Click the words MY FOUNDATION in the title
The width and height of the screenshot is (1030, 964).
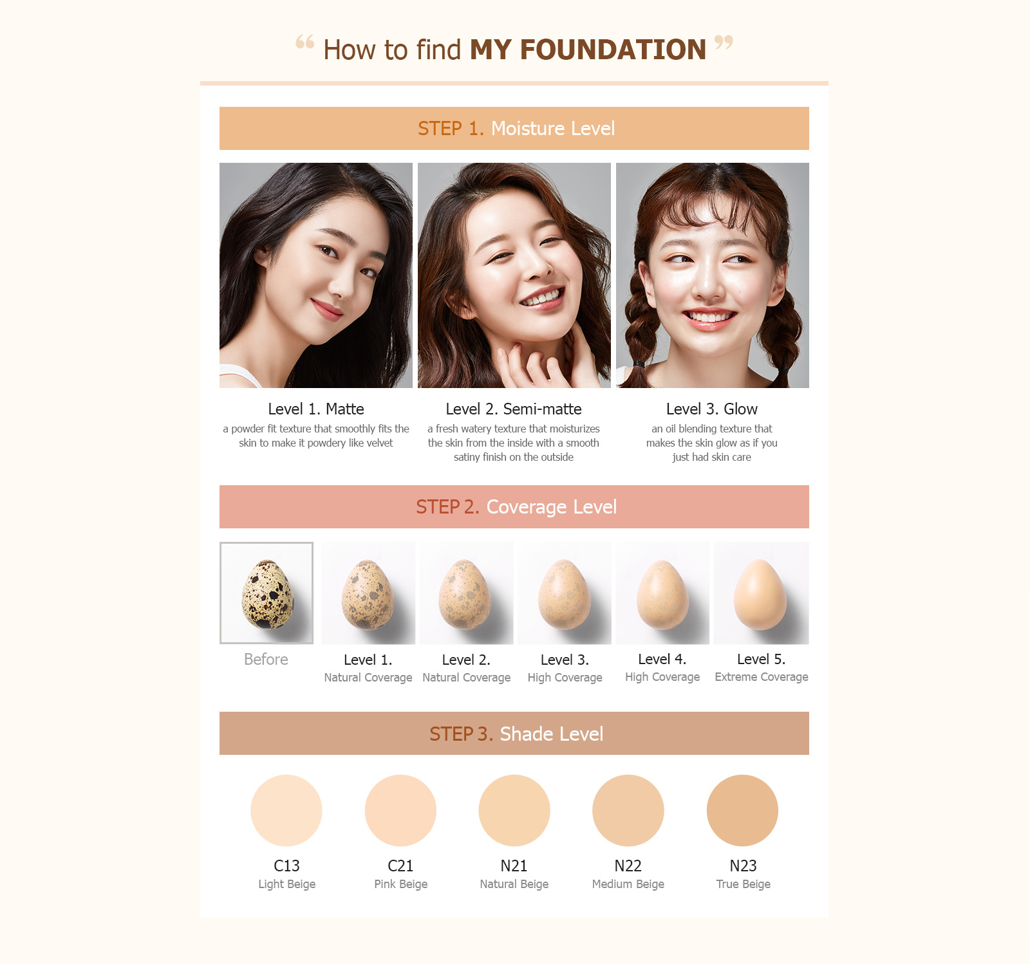[588, 50]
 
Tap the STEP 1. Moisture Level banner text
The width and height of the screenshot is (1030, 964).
[516, 129]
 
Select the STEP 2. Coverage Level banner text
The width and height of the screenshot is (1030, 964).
[516, 507]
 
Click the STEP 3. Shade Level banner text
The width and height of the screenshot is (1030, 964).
[516, 734]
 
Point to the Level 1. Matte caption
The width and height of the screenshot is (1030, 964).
[315, 409]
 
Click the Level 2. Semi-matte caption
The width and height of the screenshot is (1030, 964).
[513, 409]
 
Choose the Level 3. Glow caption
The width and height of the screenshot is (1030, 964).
[711, 409]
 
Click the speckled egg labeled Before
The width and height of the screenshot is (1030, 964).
[267, 593]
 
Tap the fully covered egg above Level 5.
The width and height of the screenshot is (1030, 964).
[760, 594]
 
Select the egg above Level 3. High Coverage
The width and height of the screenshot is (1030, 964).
[564, 594]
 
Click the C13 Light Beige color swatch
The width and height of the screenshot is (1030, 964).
[286, 810]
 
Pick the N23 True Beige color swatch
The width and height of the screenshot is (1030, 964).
[742, 810]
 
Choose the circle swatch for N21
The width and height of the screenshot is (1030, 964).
[514, 810]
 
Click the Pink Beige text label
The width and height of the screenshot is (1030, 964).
[400, 884]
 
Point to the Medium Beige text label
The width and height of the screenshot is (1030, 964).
[628, 884]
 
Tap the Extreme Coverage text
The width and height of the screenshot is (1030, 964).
[761, 677]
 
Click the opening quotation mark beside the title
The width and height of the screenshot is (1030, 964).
[305, 42]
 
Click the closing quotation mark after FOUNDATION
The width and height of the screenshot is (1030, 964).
[724, 42]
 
